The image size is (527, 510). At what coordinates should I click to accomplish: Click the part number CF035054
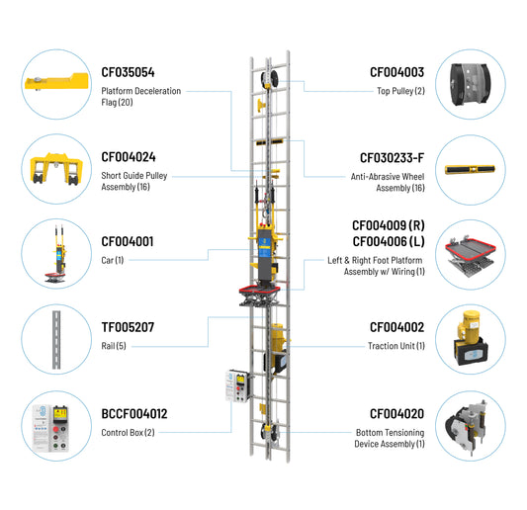128,72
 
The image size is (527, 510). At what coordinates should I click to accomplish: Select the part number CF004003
396,72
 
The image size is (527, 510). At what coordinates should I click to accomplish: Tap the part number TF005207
128,327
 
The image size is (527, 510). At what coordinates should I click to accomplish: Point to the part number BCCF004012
134,414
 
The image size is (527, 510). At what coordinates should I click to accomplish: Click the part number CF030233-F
392,158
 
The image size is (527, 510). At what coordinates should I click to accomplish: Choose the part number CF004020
396,414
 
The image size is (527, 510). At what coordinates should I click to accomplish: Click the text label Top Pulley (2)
400,91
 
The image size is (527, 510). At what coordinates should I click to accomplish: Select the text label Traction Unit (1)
396,346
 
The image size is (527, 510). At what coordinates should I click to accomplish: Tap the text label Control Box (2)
129,432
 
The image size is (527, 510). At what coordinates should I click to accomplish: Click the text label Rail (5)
114,346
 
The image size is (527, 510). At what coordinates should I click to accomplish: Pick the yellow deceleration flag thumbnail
56,82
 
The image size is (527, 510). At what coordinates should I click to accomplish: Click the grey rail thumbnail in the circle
56,340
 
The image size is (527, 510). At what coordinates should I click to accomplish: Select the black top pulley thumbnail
471,84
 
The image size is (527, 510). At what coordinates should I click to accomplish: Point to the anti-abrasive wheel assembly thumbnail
470,169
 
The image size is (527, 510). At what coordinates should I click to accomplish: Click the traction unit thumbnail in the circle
471,338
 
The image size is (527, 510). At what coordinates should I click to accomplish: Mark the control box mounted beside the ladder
237,385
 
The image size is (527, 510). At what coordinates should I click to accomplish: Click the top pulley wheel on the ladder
270,79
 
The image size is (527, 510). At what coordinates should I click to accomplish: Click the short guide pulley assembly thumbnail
56,169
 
